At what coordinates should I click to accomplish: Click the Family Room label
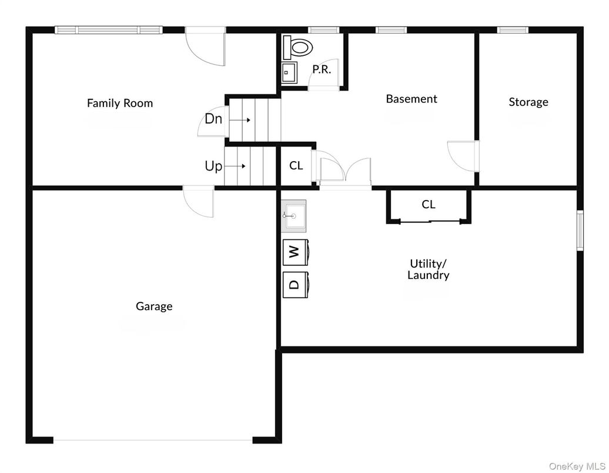pos(120,103)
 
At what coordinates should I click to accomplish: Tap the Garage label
pos(154,306)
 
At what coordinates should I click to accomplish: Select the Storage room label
pos(528,102)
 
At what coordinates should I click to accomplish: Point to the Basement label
pos(411,99)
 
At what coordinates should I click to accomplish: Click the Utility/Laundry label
pos(428,269)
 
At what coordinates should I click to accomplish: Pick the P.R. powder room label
pos(321,69)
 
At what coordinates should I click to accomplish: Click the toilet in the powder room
pos(297,46)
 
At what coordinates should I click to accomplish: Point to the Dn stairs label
pos(213,119)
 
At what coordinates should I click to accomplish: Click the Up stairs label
pos(213,166)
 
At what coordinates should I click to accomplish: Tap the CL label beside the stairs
pos(296,166)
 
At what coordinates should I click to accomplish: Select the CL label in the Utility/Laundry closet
pos(429,205)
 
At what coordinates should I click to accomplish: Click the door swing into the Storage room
pos(463,156)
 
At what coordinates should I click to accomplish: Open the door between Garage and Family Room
pos(198,202)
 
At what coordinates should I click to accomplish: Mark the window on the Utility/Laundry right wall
pos(580,230)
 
